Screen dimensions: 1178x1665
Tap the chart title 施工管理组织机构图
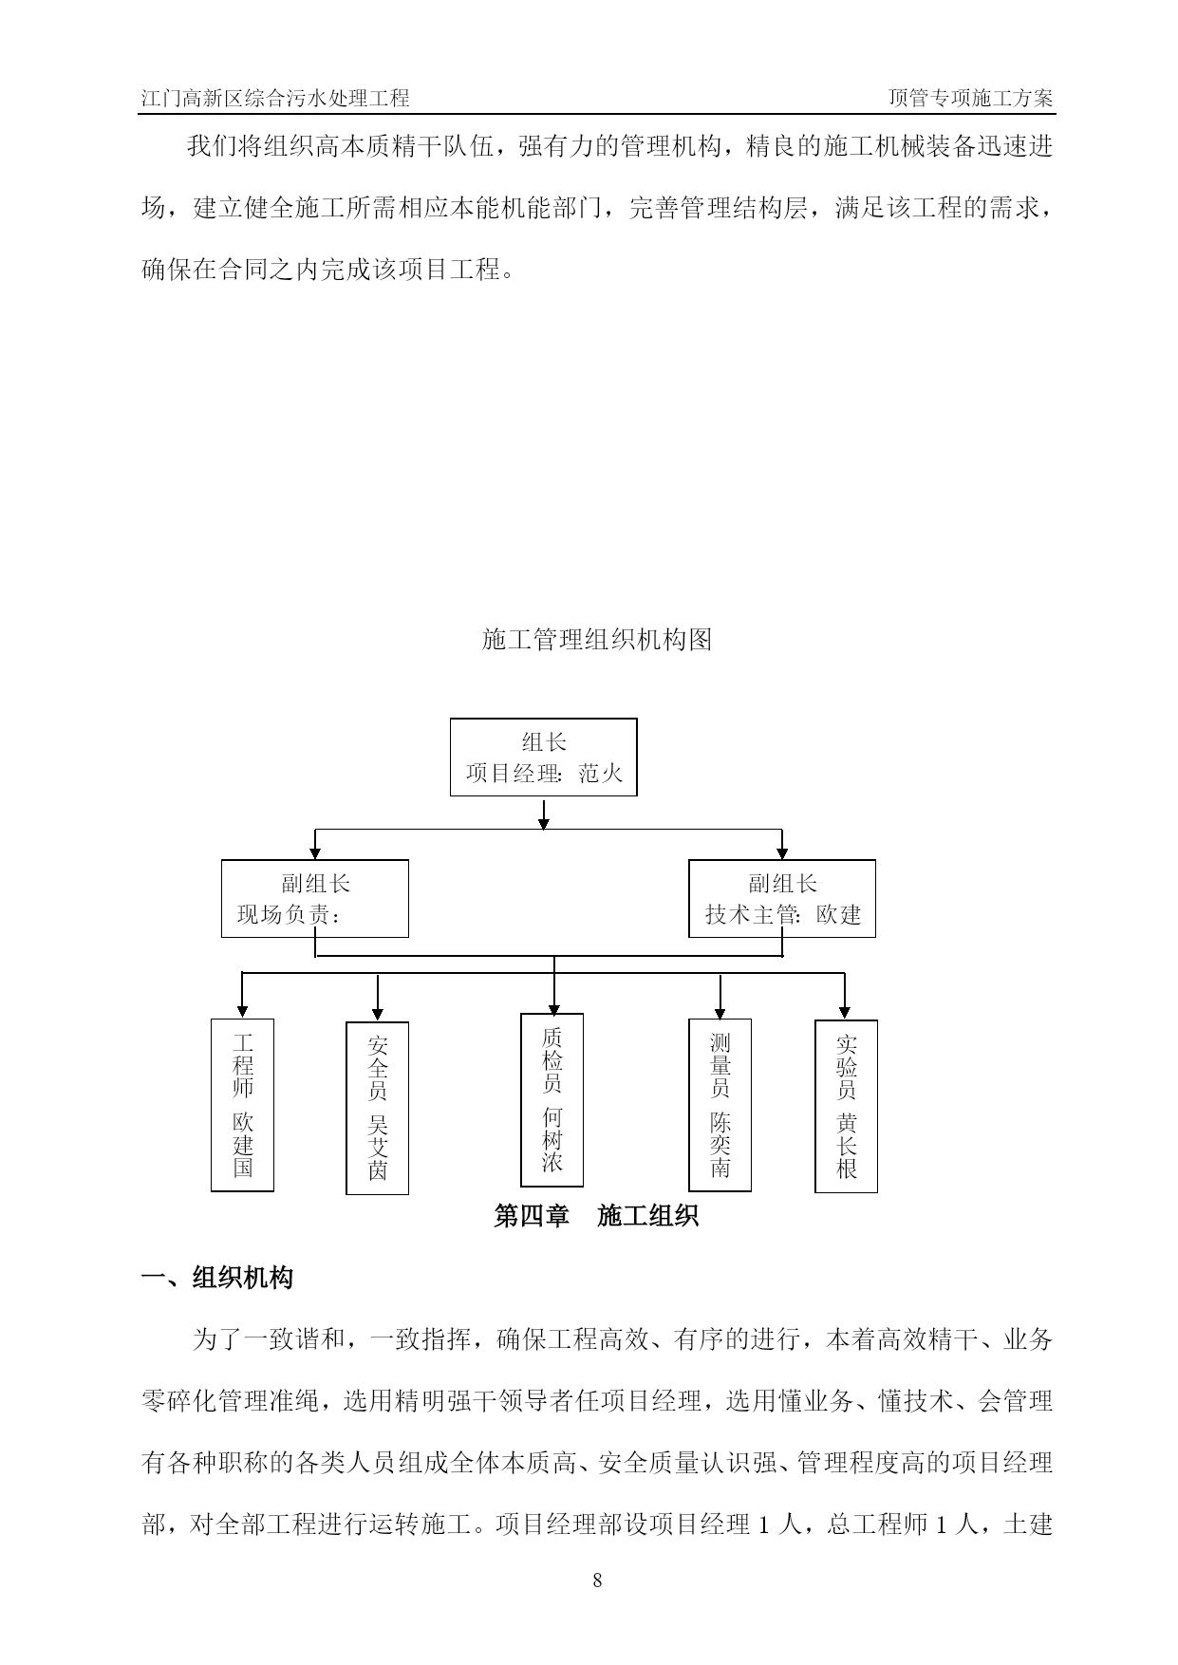coord(597,640)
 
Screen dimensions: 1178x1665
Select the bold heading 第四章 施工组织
coord(596,1216)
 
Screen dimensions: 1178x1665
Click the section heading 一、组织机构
coord(217,1278)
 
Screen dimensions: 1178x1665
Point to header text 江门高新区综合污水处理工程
coord(275,98)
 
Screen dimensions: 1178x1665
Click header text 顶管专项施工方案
coord(970,98)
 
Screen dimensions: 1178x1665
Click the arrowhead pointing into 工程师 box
coord(242,1011)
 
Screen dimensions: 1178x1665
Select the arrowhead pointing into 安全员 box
coord(378,1014)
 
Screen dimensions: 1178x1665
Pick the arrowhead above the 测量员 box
coord(720,1011)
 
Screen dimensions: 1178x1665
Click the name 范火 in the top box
coord(601,774)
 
